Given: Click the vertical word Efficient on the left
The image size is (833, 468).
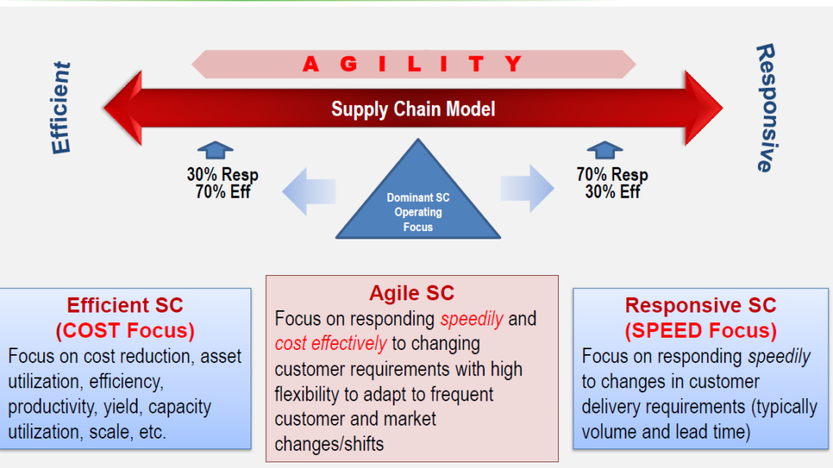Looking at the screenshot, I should [x=61, y=107].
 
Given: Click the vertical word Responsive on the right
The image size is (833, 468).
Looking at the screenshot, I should [x=765, y=107].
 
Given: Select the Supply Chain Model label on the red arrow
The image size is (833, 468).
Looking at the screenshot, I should [x=412, y=109].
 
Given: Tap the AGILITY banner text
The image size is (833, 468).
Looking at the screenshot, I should [x=412, y=64].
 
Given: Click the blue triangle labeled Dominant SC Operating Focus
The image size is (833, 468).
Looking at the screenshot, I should [x=418, y=208].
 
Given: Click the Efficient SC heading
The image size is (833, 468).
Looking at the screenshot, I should [x=125, y=306].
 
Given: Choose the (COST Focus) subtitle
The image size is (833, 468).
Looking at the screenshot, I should [x=125, y=331].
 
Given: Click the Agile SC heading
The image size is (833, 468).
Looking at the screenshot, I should [x=412, y=293].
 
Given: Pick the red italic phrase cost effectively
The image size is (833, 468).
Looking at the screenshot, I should [x=331, y=343].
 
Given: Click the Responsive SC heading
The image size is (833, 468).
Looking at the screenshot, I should [x=700, y=306].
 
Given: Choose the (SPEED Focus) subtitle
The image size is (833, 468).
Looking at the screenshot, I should [x=700, y=331].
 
